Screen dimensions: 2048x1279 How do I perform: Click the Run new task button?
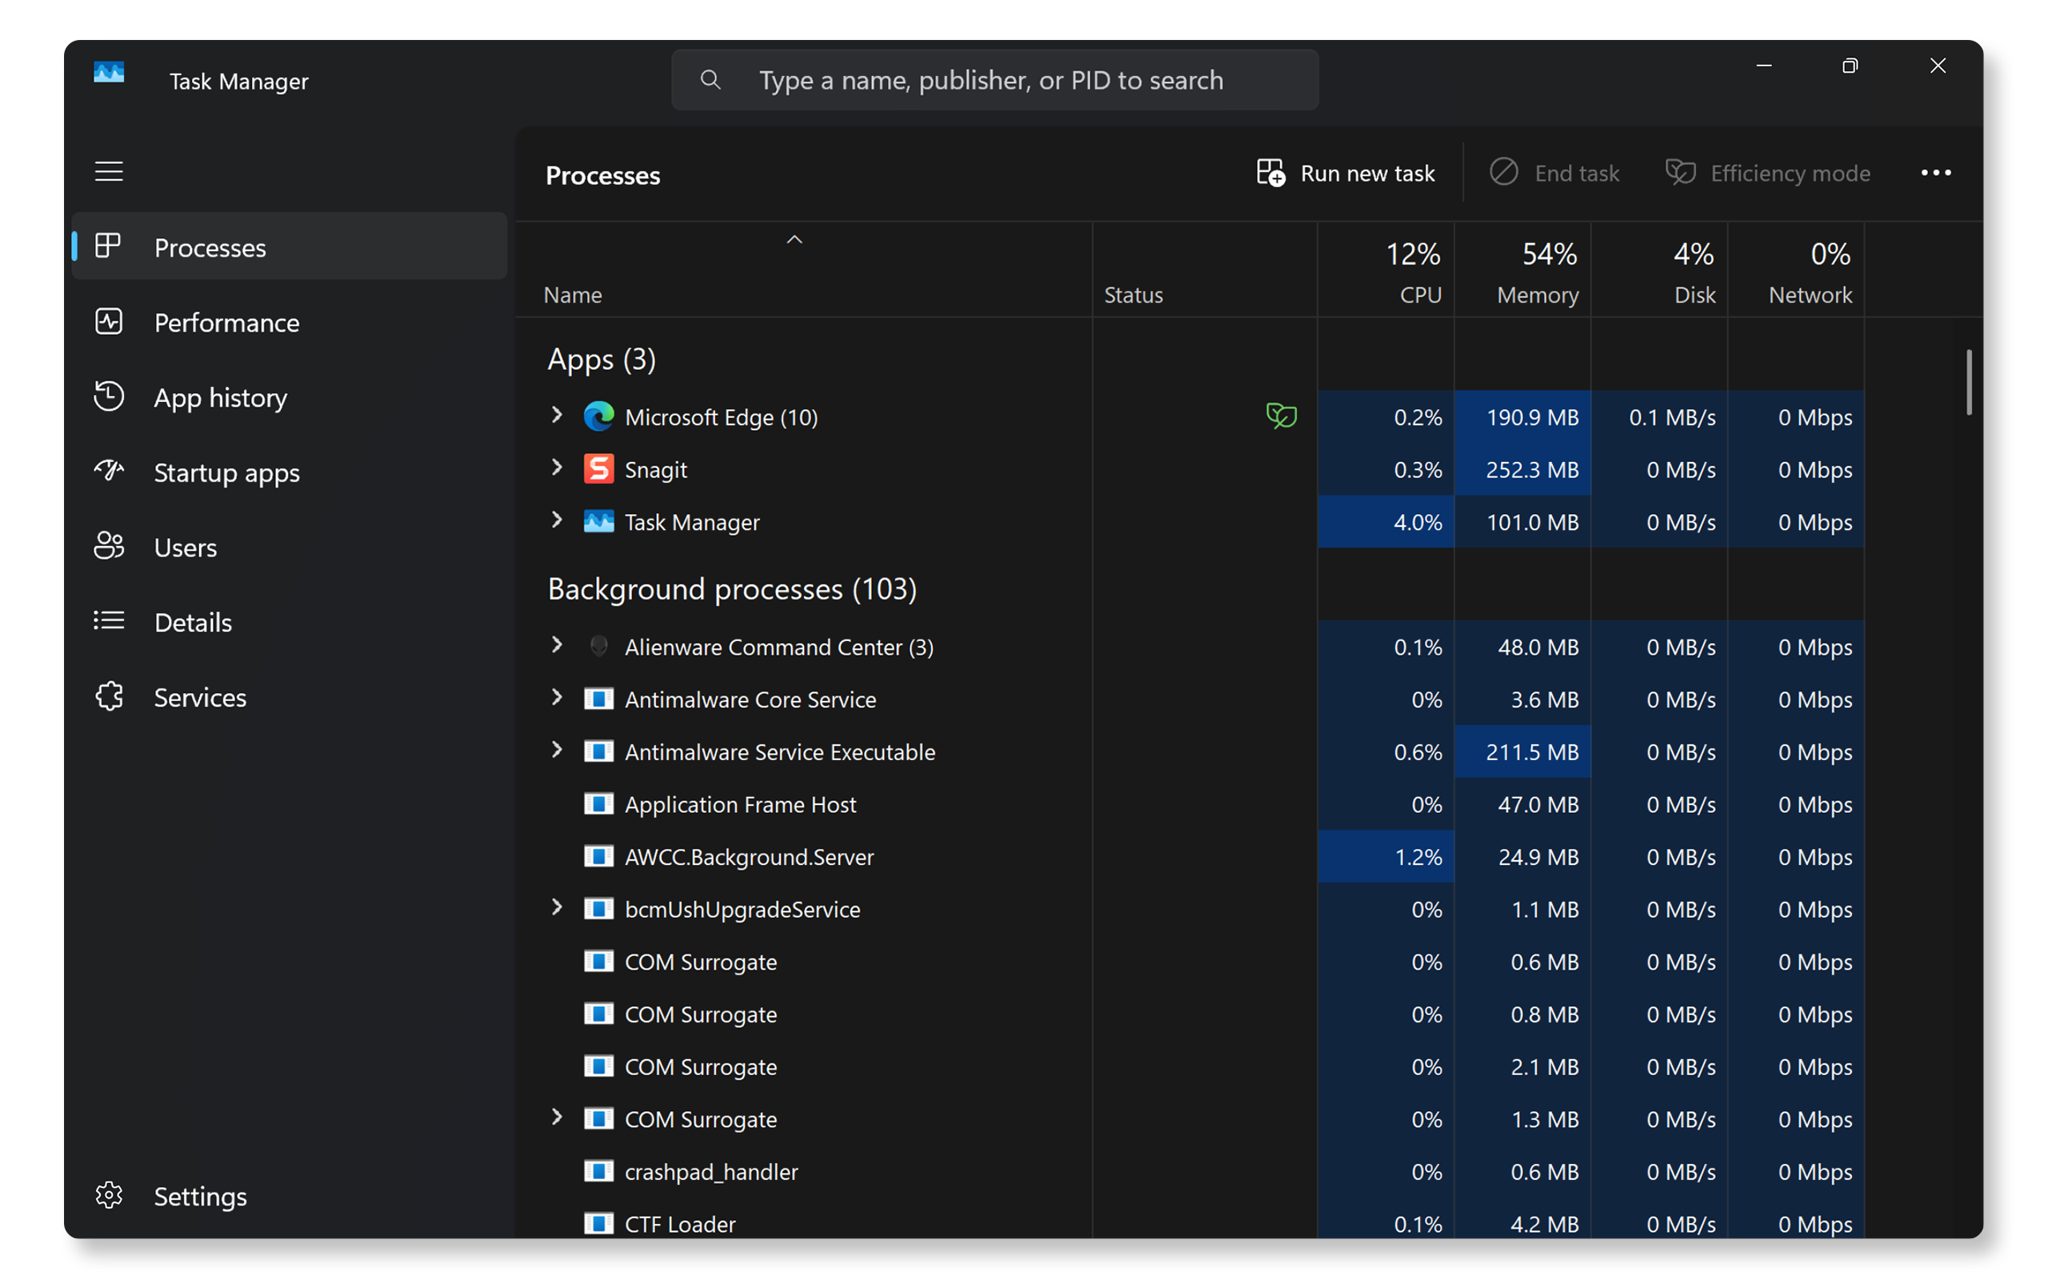1346,173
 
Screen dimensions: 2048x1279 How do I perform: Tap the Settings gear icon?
109,1195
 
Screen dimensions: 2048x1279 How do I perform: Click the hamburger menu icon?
109,172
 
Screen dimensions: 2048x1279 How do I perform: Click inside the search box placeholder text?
991,81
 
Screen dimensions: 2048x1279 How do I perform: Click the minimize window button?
1764,66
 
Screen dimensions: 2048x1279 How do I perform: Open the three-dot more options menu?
1935,173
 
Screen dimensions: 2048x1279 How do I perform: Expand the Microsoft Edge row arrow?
557,416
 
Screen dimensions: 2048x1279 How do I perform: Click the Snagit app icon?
599,468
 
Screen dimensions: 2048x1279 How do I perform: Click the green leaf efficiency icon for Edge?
1282,416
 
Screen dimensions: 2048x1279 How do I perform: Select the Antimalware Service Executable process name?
779,752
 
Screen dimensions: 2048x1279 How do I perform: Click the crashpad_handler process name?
711,1172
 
